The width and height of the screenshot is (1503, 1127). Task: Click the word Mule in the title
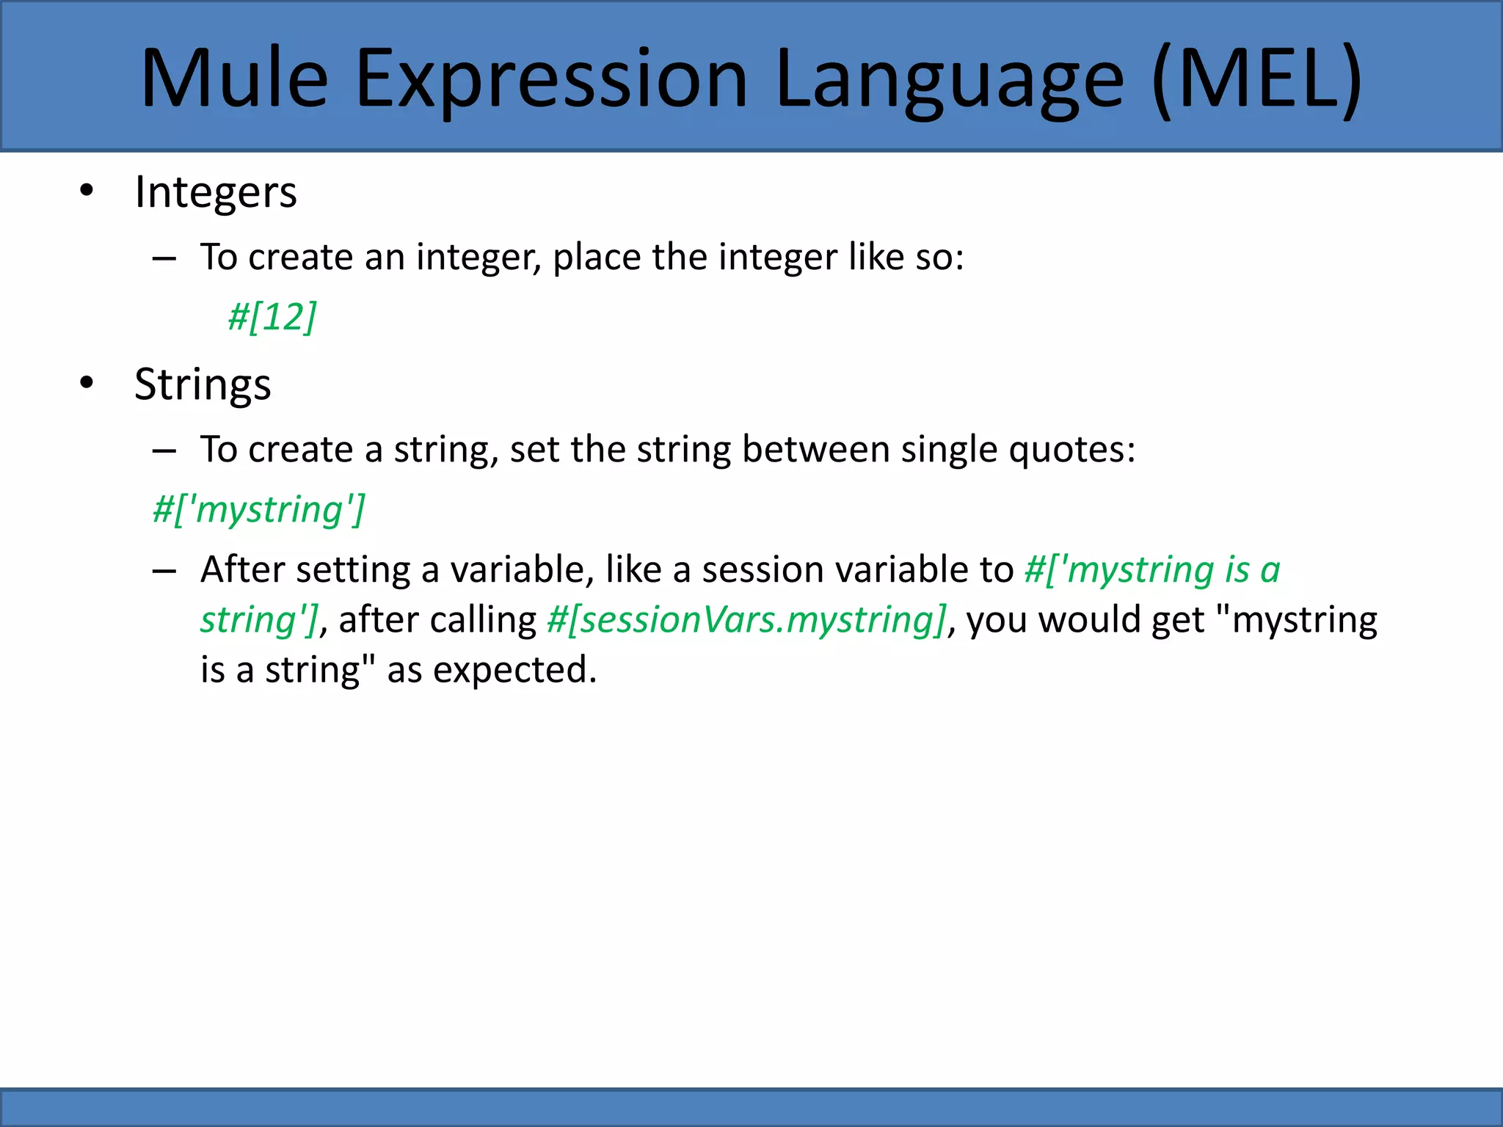[x=233, y=79]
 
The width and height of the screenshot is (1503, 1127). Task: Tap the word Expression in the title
[x=550, y=79]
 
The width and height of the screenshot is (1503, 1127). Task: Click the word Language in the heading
[x=948, y=79]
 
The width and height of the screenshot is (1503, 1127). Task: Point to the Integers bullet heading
[x=216, y=193]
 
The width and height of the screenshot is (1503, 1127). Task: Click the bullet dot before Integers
[x=87, y=191]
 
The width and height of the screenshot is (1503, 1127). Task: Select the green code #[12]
[x=272, y=317]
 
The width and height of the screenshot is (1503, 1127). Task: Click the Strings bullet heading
[x=203, y=384]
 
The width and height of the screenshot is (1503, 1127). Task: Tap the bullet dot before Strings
[x=87, y=382]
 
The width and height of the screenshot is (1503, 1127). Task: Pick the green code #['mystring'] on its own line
[x=258, y=509]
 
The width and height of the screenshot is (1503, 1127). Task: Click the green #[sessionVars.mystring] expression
[x=746, y=620]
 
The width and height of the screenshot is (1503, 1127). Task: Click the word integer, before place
[x=478, y=258]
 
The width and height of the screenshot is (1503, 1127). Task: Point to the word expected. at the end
[x=514, y=670]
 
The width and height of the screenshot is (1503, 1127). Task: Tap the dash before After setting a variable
[x=164, y=570]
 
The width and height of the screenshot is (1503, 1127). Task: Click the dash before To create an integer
[x=164, y=258]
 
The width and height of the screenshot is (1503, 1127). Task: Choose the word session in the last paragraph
[x=748, y=570]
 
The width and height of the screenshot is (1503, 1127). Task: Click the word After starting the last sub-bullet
[x=242, y=570]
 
